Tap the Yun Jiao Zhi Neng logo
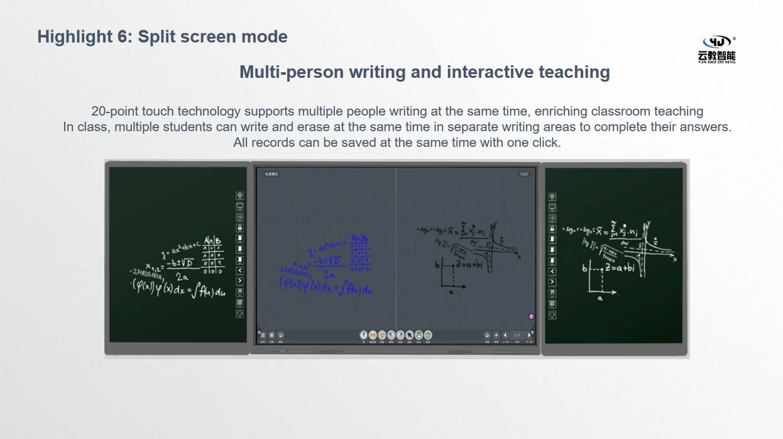coord(716,49)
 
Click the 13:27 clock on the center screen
coord(524,174)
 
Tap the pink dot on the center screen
coord(532,317)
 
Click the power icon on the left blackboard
coord(239,196)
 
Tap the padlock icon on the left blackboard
coord(239,228)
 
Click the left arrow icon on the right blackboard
coord(552,272)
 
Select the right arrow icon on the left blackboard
coord(239,281)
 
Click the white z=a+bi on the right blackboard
coord(621,268)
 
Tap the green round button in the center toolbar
coord(428,335)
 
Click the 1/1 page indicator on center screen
coord(517,335)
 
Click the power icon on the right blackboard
coord(552,197)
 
